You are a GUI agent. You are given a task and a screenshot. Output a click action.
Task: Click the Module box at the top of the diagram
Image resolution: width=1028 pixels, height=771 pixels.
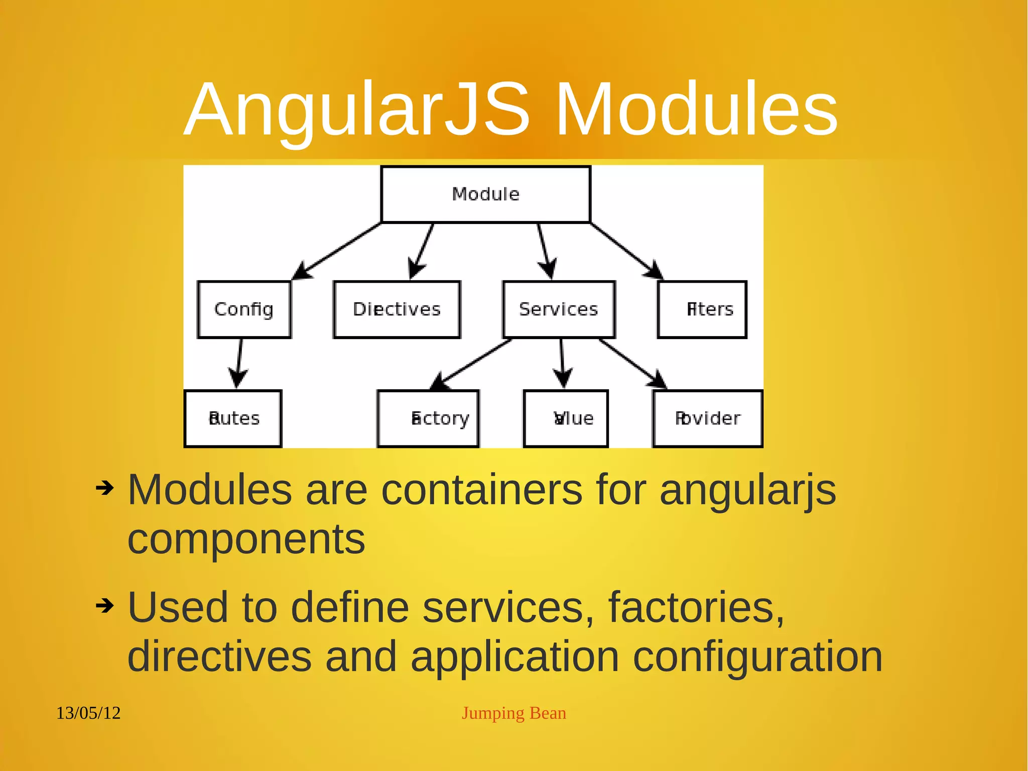pos(485,194)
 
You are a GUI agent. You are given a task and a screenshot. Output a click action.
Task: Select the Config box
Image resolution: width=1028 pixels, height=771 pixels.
pos(244,309)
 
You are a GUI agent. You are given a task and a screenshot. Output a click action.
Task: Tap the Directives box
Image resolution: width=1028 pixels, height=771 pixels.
pos(397,309)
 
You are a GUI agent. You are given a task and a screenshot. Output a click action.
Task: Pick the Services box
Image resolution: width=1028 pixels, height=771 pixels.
pos(559,309)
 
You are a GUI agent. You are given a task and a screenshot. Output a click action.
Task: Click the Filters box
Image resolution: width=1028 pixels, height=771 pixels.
pos(702,309)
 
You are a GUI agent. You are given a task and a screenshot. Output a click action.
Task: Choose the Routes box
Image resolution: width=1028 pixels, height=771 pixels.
pos(233,418)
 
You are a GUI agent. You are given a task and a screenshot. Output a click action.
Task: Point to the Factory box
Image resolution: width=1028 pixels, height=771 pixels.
pos(428,418)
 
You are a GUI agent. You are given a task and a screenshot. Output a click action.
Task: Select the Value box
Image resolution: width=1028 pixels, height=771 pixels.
pos(566,418)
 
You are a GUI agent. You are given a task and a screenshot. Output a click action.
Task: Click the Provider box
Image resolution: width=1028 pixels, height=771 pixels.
pos(707,418)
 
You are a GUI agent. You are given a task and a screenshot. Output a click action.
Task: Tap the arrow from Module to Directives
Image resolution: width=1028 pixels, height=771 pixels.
pos(422,251)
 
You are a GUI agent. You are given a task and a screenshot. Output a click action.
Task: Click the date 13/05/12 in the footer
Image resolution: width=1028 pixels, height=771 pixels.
pos(88,713)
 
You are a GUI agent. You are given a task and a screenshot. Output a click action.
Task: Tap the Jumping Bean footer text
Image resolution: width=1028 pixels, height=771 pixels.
pos(513,713)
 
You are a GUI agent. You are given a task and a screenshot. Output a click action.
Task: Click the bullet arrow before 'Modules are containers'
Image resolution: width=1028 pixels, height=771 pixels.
pos(105,488)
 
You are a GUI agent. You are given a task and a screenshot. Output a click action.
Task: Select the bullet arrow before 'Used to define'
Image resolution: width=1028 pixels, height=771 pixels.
pos(105,606)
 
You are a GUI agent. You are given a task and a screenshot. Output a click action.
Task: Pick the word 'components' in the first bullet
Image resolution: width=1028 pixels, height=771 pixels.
pos(246,540)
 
